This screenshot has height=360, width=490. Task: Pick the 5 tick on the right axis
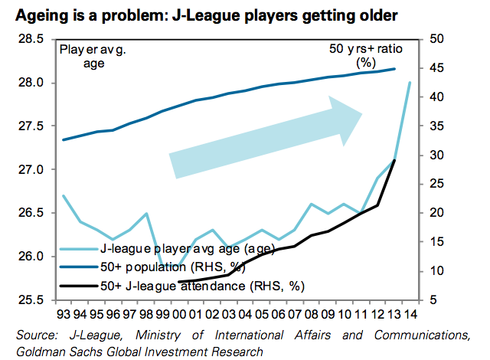(x=429, y=299)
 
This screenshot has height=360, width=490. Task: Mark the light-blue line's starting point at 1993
(x=63, y=195)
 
